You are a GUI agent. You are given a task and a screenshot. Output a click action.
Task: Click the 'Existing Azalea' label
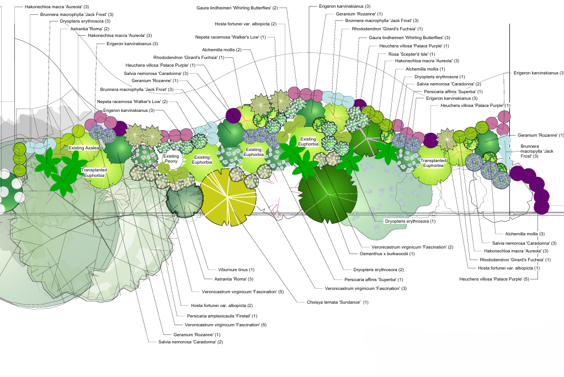pyautogui.click(x=84, y=148)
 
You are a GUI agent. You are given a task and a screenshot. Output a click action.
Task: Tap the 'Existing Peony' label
pyautogui.click(x=171, y=159)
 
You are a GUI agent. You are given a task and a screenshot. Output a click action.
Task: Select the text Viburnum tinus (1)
pyautogui.click(x=236, y=270)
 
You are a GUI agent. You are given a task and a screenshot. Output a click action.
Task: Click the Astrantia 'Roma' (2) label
pyautogui.click(x=90, y=29)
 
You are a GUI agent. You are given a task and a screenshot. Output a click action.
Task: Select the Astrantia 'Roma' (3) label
pyautogui.click(x=235, y=279)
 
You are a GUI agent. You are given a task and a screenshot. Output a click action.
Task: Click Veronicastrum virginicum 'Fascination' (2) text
pyautogui.click(x=408, y=246)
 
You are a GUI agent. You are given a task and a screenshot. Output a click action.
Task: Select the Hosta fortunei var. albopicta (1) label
pyautogui.click(x=508, y=268)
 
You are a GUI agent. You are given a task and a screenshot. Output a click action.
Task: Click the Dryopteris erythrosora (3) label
pyautogui.click(x=86, y=21)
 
